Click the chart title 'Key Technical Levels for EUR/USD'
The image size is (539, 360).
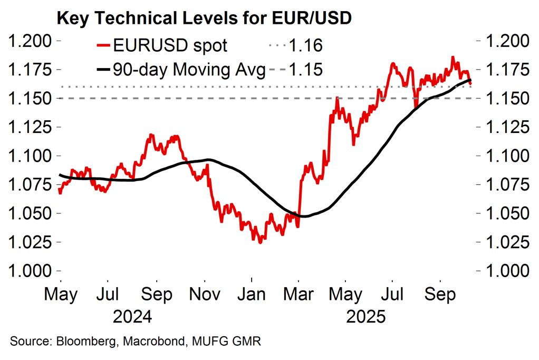coord(204,19)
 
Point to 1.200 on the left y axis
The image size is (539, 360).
coord(30,41)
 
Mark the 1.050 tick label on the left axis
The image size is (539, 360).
coord(30,213)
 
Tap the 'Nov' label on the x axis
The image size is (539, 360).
coord(205,294)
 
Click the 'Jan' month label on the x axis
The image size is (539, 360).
coord(252,294)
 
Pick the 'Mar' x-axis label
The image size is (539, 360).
coord(299,294)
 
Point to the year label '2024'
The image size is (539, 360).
coord(133,317)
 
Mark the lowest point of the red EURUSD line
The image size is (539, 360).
coord(259,242)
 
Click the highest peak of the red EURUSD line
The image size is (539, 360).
coord(453,57)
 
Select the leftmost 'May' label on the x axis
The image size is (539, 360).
coord(61,294)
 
